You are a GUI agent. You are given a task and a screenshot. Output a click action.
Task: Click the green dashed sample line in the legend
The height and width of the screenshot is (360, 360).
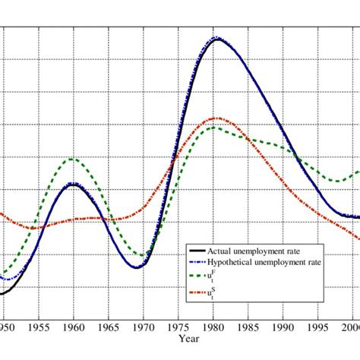(195, 275)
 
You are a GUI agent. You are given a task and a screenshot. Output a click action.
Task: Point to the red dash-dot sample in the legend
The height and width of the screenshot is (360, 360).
(195, 289)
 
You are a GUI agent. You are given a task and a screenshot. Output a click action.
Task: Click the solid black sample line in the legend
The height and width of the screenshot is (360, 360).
(195, 250)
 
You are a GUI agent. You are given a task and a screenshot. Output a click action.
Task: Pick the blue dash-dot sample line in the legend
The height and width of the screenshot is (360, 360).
(195, 262)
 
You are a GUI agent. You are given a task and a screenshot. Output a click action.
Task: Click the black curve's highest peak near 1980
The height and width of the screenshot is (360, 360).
(217, 39)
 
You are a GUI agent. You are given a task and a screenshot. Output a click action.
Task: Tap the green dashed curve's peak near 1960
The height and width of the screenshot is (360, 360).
(72, 159)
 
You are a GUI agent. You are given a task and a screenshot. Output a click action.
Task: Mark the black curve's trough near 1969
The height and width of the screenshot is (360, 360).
(136, 267)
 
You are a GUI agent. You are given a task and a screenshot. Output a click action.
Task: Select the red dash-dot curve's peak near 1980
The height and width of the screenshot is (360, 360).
(218, 118)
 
